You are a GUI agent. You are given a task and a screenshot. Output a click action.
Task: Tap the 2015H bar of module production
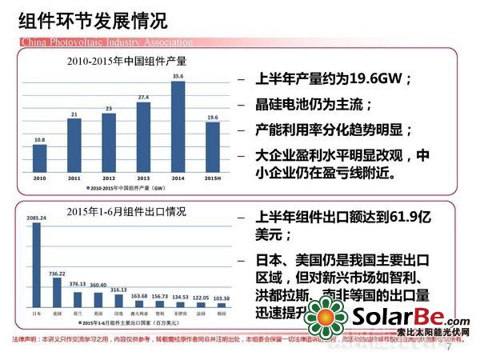click(x=212, y=147)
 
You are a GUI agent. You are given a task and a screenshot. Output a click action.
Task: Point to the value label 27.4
click(x=142, y=98)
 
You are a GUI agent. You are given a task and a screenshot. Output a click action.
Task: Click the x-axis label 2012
click(x=108, y=177)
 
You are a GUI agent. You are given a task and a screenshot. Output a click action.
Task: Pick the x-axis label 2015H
click(x=212, y=177)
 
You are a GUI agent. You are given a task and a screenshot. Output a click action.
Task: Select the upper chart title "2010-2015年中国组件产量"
click(x=124, y=60)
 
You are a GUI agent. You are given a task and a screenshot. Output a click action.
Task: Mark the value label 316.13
click(x=118, y=289)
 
